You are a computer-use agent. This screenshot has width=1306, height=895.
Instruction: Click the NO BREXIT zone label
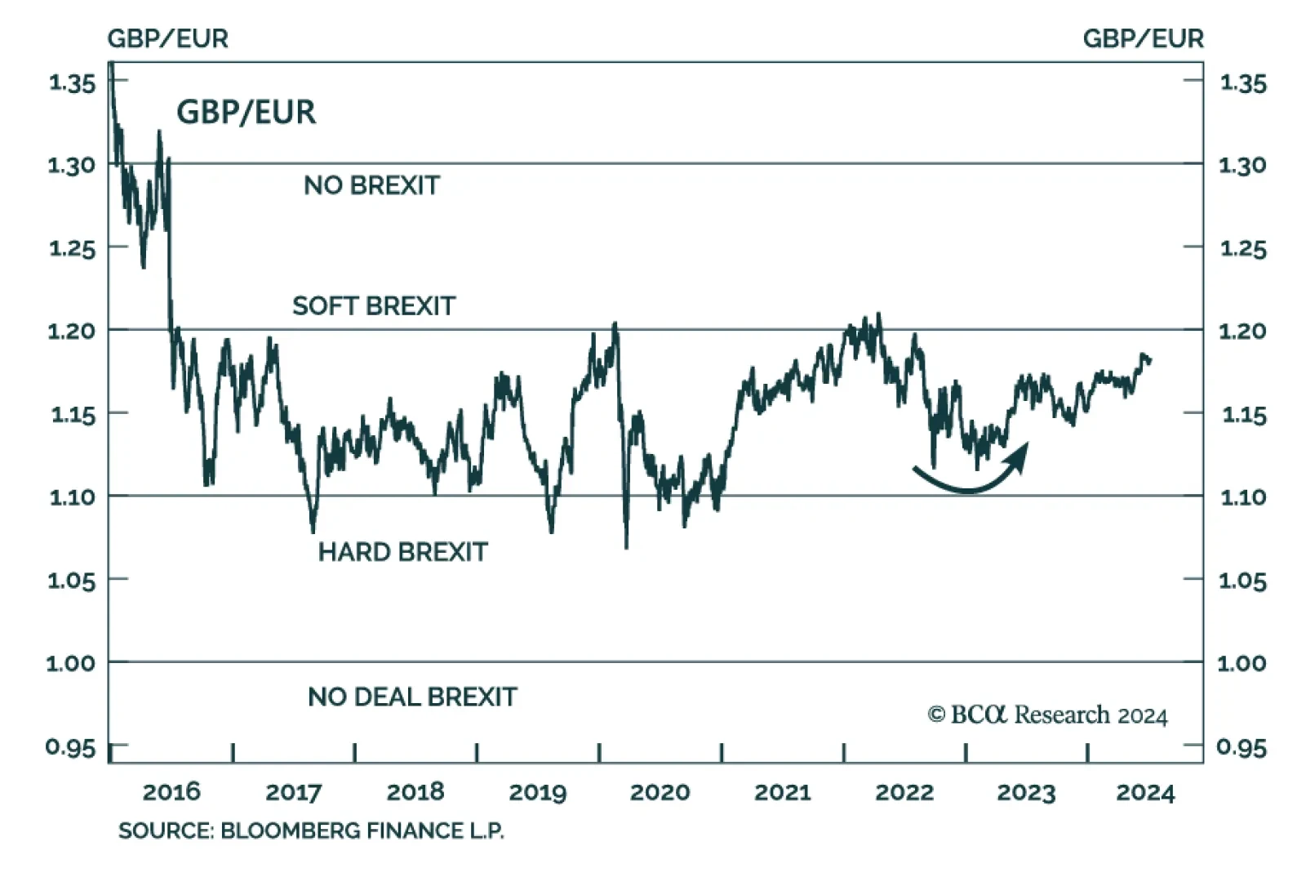click(371, 185)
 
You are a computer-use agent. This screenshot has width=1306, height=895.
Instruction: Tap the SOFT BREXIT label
click(374, 306)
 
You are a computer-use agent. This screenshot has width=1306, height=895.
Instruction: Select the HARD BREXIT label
click(402, 552)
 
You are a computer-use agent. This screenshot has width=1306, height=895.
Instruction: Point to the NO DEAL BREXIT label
click(412, 697)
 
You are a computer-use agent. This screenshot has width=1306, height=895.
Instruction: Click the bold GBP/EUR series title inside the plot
click(246, 112)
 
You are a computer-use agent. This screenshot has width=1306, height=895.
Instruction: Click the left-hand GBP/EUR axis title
click(167, 38)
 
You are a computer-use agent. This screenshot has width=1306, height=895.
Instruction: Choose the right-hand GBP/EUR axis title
click(1143, 38)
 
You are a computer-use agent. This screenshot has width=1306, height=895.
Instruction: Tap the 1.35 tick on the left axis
click(72, 82)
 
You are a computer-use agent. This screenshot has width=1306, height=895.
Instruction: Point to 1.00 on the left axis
click(70, 662)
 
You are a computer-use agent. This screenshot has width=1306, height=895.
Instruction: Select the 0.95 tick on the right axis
click(1241, 747)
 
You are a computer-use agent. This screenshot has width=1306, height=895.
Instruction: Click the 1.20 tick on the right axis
click(1242, 331)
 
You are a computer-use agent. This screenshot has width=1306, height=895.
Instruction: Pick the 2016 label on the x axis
click(171, 791)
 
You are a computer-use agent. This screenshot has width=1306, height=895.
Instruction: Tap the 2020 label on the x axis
click(660, 791)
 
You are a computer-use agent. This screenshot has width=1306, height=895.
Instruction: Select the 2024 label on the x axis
click(1145, 792)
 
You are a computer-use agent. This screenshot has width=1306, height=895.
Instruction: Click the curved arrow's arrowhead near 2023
click(1020, 452)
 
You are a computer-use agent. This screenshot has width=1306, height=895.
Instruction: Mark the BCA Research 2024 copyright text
click(1047, 715)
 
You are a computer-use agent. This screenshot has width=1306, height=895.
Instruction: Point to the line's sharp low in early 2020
click(626, 545)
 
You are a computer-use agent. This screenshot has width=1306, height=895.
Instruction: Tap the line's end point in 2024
click(1150, 360)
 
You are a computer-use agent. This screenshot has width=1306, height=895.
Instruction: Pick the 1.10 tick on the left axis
click(72, 496)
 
